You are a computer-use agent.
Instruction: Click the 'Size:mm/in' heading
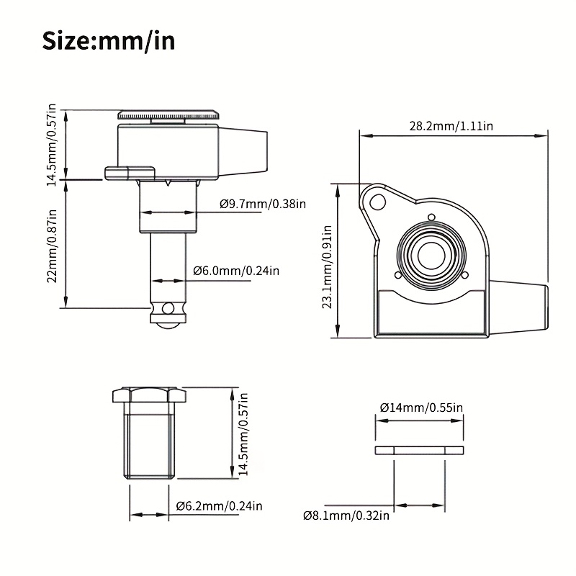(109, 41)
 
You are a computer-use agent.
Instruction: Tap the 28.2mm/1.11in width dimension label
(451, 126)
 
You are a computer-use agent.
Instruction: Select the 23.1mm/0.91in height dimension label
(327, 266)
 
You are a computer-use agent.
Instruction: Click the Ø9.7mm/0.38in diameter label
(263, 204)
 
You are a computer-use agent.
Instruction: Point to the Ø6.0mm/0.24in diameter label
(236, 271)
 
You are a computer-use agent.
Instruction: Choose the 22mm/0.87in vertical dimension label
(52, 246)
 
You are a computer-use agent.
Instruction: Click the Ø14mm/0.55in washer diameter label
(421, 408)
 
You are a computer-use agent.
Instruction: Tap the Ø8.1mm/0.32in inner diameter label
(346, 516)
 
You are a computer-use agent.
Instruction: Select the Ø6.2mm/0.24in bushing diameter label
(220, 506)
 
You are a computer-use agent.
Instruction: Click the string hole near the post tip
(168, 308)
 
